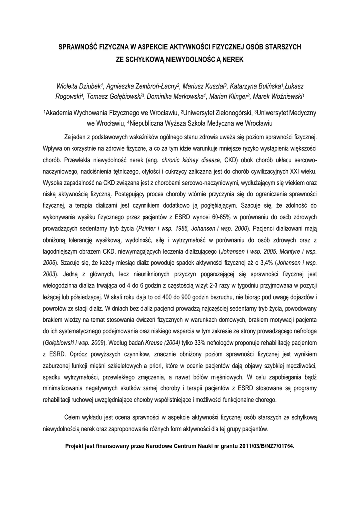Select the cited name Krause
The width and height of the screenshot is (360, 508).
(155, 342)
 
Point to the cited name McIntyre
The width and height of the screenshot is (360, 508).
(287, 251)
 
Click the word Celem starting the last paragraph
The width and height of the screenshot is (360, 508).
(75, 417)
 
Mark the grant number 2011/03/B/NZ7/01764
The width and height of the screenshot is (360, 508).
(259, 446)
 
